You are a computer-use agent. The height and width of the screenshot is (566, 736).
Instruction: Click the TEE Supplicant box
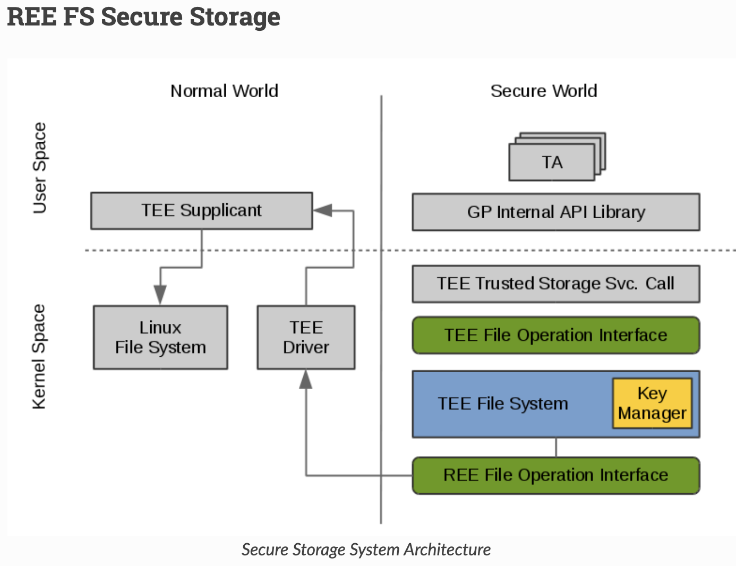[x=201, y=211]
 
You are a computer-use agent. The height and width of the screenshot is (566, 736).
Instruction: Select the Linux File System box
[x=160, y=337]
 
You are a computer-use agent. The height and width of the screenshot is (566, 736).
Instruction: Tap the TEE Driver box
[x=306, y=337]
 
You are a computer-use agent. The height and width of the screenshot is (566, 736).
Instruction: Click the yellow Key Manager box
[x=652, y=403]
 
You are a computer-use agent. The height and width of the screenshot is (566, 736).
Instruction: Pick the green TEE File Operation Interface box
[x=555, y=336]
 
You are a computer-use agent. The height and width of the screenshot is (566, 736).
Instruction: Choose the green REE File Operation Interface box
[x=555, y=475]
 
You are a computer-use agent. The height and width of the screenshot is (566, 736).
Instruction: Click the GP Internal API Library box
[x=555, y=212]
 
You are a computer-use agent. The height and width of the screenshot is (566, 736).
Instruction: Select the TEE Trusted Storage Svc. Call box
[x=555, y=284]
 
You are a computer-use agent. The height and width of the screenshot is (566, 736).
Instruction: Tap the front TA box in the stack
[x=552, y=162]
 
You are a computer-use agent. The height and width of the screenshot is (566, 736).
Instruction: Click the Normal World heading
[x=224, y=91]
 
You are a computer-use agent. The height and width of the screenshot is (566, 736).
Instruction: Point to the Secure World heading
[x=544, y=91]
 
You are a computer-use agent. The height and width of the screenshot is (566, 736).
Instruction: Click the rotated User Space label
[x=40, y=168]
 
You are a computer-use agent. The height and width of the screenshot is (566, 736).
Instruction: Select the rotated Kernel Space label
[x=39, y=357]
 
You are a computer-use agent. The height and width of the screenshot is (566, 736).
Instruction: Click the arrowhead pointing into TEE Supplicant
[x=322, y=210]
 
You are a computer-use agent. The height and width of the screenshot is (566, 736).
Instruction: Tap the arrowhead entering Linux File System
[x=160, y=295]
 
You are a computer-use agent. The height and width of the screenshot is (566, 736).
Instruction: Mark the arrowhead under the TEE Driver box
[x=306, y=379]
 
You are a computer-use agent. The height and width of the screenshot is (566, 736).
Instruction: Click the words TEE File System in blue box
[x=502, y=404]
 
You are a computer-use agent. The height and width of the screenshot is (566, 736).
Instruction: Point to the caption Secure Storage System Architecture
[x=366, y=550]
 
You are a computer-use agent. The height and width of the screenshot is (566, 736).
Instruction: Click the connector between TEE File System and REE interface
[x=556, y=448]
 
